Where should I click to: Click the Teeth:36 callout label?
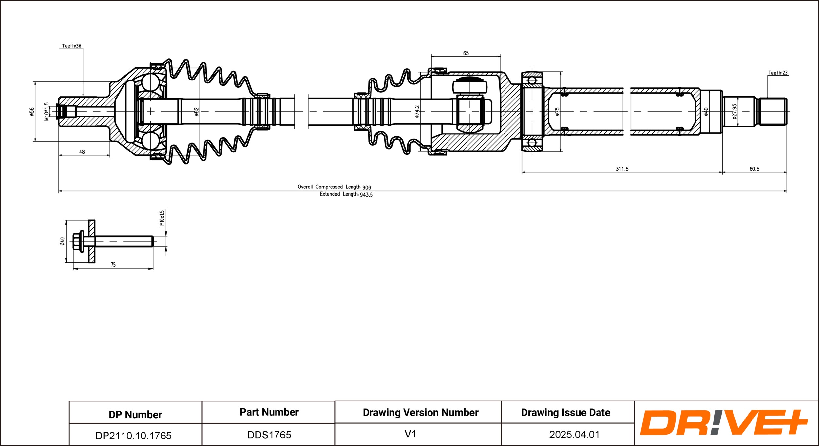[x=71, y=46]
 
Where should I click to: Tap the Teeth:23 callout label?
[x=778, y=73]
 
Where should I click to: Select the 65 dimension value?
[x=466, y=53]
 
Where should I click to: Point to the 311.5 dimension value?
[x=622, y=169]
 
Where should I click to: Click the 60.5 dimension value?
[x=754, y=169]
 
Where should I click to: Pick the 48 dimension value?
[x=82, y=152]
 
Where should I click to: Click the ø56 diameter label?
[x=32, y=112]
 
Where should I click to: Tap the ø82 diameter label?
[x=196, y=112]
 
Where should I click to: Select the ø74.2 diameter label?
[x=417, y=111]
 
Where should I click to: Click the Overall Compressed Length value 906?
[x=367, y=187]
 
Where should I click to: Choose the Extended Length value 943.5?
[x=366, y=195]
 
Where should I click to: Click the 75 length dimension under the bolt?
[x=113, y=265]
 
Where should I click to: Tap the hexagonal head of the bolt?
[x=77, y=241]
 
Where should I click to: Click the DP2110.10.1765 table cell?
[x=133, y=435]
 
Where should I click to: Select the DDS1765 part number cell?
[x=269, y=435]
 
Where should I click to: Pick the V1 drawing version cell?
[x=410, y=434]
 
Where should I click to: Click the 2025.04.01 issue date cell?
[x=574, y=435]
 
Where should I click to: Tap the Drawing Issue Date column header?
[x=565, y=412]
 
